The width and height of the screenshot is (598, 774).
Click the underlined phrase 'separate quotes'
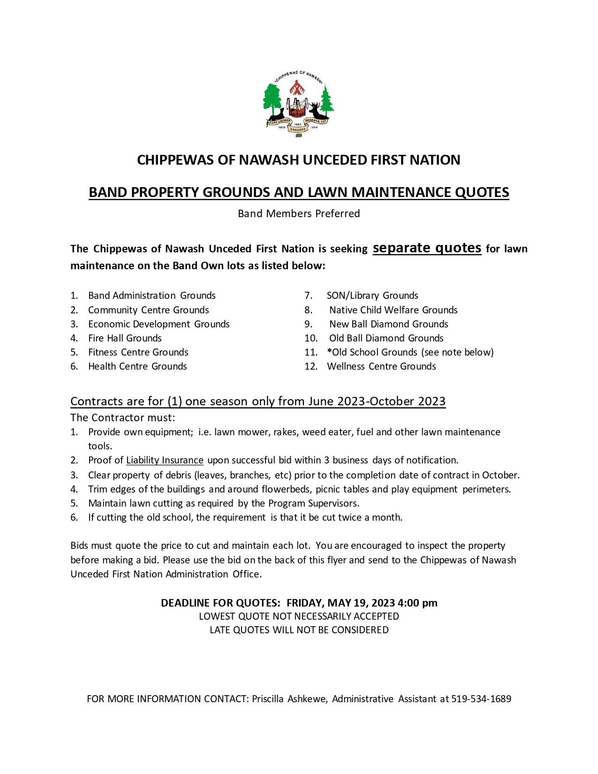click(427, 248)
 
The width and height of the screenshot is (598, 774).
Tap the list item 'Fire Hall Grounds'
click(125, 338)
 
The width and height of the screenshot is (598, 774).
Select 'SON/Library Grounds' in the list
click(372, 296)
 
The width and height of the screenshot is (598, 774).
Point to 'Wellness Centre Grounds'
click(381, 366)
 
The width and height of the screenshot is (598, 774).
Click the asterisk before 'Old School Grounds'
click(329, 351)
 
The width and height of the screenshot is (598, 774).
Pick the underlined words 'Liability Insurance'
click(165, 460)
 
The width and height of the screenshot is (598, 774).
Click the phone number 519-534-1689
click(481, 699)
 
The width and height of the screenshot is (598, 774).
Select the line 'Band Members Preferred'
click(299, 214)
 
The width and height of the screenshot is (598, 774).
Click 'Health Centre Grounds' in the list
click(137, 366)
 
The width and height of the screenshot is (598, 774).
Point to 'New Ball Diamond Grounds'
click(388, 324)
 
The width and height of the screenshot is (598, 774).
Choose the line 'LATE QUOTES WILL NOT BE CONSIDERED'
click(299, 630)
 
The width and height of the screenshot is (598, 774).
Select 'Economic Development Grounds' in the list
click(159, 324)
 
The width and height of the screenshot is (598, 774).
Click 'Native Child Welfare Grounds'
click(393, 310)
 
